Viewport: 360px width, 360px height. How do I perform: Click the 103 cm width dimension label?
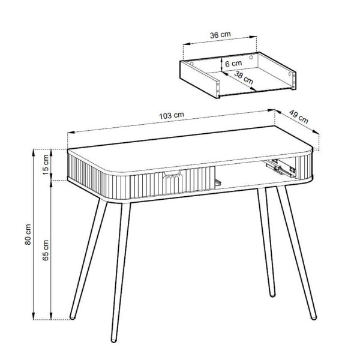point(172,115)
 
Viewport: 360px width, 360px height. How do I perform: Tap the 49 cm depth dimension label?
point(298,116)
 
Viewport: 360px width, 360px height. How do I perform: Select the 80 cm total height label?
point(28,235)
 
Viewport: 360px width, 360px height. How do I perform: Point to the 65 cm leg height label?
point(46,250)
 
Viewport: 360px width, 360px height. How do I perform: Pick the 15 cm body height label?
point(46,164)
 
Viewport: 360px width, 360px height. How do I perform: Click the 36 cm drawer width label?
point(220,35)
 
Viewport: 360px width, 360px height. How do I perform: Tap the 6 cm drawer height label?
point(233,64)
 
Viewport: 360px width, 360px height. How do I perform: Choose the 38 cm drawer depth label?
point(244,77)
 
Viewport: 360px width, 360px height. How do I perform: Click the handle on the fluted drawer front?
point(172,173)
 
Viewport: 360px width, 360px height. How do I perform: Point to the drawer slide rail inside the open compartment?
point(281,168)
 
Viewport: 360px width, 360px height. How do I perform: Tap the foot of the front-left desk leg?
point(113,340)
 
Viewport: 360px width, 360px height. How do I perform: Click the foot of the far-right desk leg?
point(314,318)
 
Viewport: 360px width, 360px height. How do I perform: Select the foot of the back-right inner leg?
point(272,295)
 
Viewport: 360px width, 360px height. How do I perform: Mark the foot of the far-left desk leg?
point(73,317)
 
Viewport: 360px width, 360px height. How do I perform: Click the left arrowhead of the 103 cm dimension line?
point(70,133)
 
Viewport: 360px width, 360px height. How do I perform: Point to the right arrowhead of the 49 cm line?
point(316,132)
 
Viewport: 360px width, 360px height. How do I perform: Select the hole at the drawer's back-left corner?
point(192,64)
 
